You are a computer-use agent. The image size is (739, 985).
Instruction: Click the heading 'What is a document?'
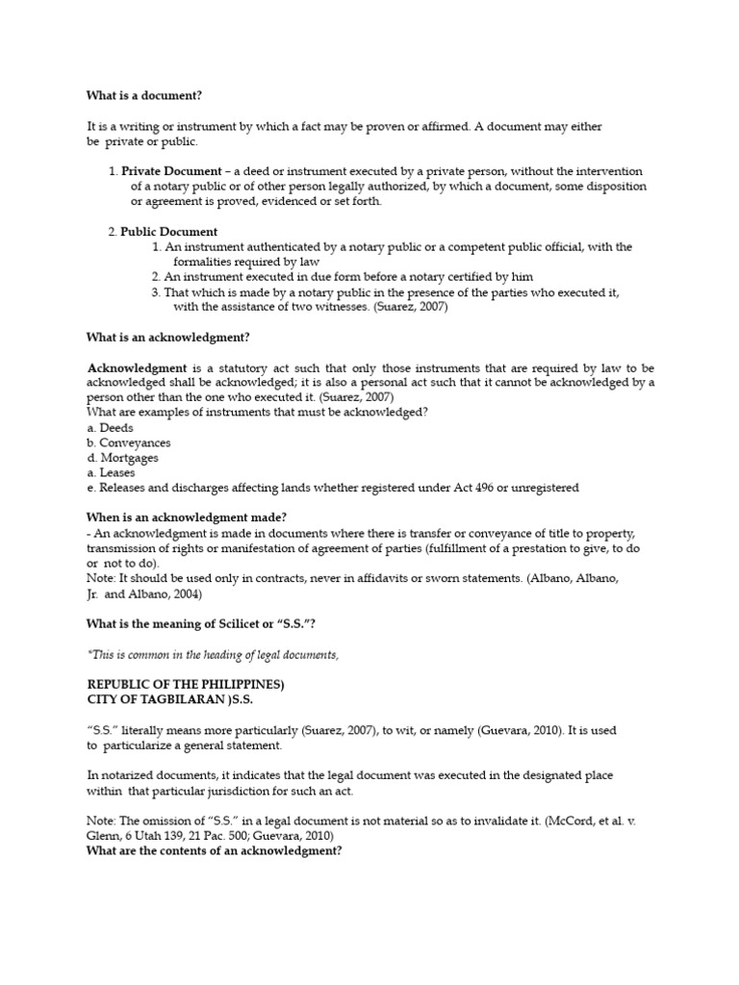point(145,95)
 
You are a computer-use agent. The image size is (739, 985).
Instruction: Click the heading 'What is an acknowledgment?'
point(168,338)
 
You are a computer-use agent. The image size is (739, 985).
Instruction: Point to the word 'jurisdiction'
point(217,790)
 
